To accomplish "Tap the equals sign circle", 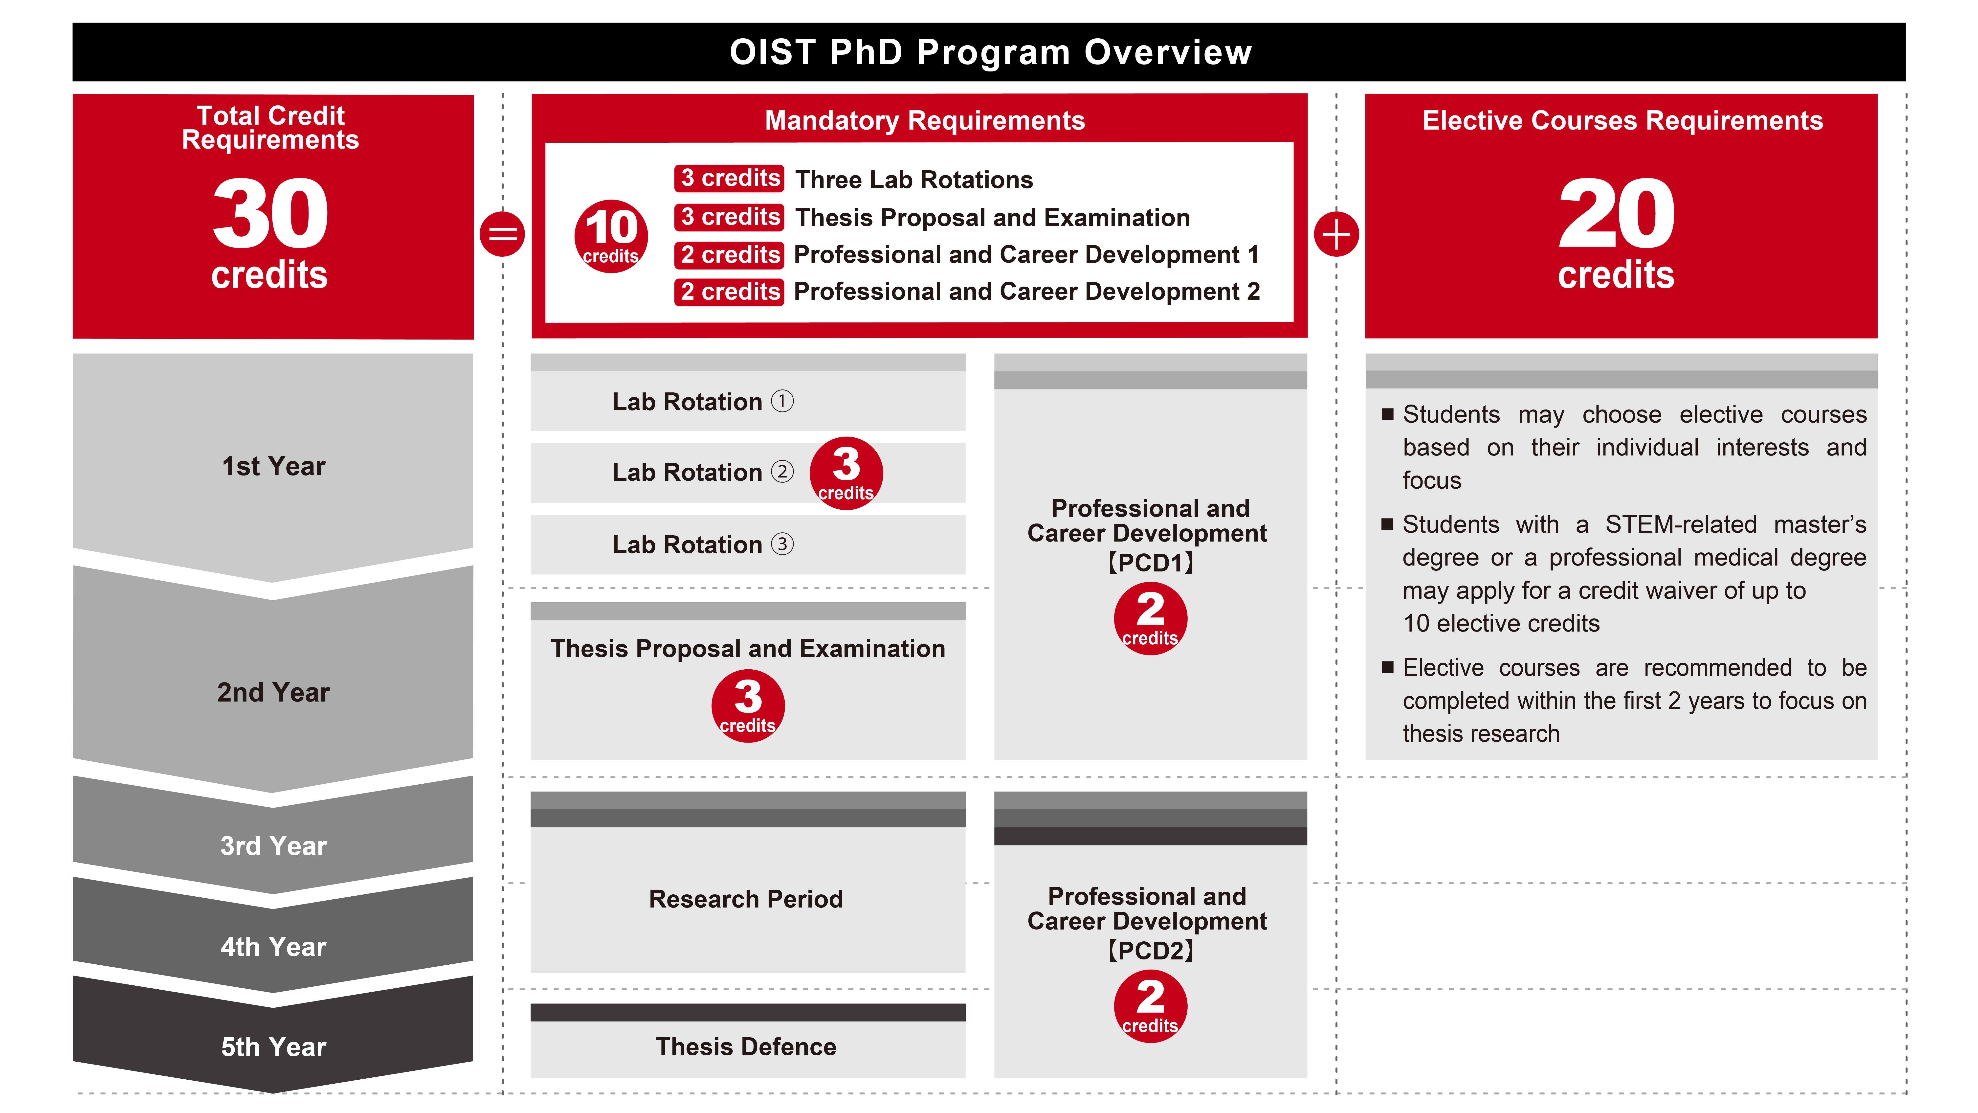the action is pyautogui.click(x=503, y=233).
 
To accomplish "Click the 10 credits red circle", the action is pyautogui.click(x=611, y=236).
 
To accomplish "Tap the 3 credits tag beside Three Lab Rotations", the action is pyautogui.click(x=730, y=178).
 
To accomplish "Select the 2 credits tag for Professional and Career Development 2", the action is pyautogui.click(x=730, y=292).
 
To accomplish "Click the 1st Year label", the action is pyautogui.click(x=273, y=466).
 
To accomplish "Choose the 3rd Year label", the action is pyautogui.click(x=273, y=846).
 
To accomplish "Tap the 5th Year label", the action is pyautogui.click(x=273, y=1047).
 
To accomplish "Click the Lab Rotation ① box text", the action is pyautogui.click(x=703, y=402).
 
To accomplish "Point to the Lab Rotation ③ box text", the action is pyautogui.click(x=703, y=545).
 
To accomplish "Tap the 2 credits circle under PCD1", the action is pyautogui.click(x=1150, y=618).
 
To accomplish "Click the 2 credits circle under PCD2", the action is pyautogui.click(x=1150, y=1006).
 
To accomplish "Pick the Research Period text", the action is pyautogui.click(x=746, y=899).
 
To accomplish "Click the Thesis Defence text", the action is pyautogui.click(x=746, y=1047).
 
